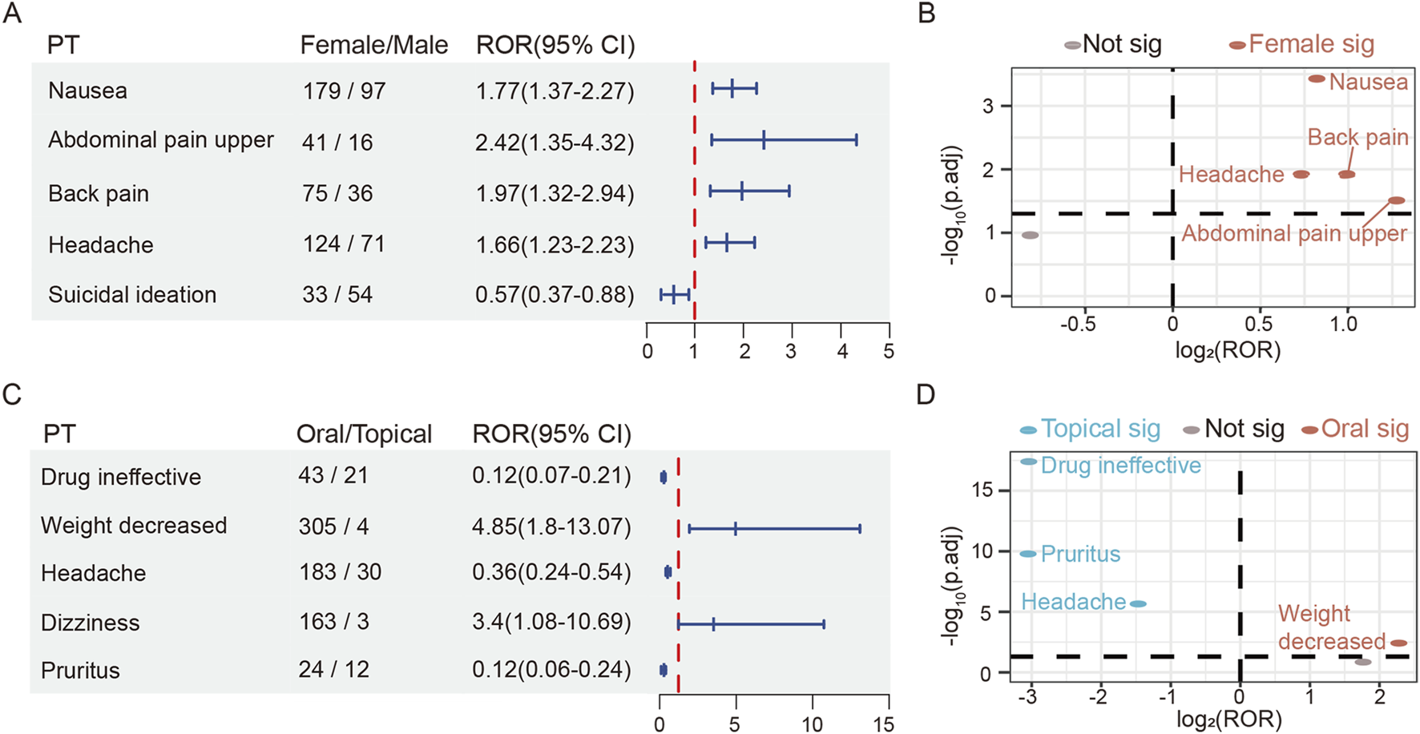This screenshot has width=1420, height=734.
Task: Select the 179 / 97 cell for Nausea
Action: point(344,91)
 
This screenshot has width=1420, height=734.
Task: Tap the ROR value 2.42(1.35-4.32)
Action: point(555,142)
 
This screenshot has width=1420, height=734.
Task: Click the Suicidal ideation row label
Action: point(132,295)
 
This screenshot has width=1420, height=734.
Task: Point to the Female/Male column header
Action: point(373,45)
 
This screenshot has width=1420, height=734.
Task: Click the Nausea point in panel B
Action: point(1317,79)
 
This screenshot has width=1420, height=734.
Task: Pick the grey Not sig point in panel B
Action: point(1031,235)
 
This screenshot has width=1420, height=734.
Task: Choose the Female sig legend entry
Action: point(1302,44)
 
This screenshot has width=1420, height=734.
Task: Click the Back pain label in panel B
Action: point(1357,137)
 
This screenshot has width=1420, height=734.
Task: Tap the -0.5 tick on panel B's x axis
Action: point(1078,325)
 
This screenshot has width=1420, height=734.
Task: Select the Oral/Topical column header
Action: point(364,434)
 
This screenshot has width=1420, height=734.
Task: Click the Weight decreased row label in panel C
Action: point(134,526)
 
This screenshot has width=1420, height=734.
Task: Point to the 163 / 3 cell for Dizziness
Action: point(333,622)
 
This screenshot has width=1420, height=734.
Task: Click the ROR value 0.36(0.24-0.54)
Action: point(551,572)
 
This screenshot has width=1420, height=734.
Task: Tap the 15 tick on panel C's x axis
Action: point(884,724)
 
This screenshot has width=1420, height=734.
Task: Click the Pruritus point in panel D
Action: point(1028,554)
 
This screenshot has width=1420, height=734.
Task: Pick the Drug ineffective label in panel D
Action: point(1120,466)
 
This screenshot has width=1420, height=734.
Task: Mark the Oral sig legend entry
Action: point(1355,430)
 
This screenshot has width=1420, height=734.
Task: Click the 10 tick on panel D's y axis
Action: point(983,551)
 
